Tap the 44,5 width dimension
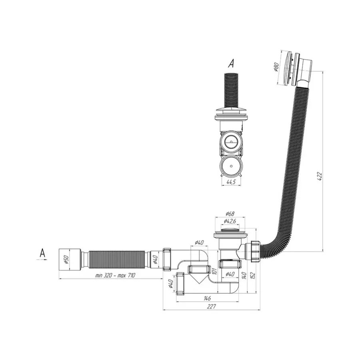click(231, 182)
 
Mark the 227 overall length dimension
click(211, 306)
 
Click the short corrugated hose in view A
click(231, 90)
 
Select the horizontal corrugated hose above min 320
click(116, 258)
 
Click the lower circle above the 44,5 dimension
click(231, 165)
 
